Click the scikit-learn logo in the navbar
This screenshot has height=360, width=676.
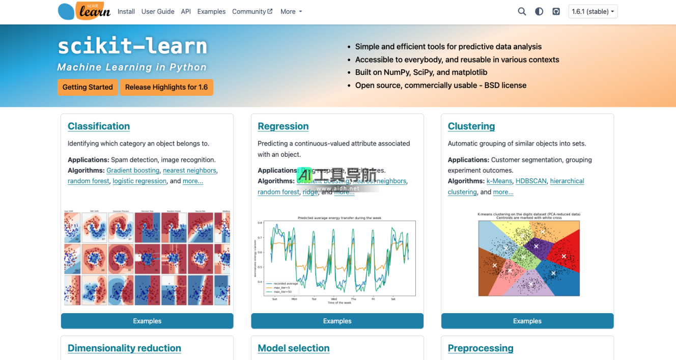[x=84, y=11]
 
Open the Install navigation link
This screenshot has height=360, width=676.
[x=126, y=12]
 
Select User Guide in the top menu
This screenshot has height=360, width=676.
[x=158, y=12]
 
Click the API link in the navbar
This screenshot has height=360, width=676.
[x=186, y=12]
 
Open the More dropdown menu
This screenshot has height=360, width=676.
[x=291, y=12]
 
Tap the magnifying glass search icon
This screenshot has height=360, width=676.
[x=522, y=12]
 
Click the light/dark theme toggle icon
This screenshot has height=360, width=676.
[x=539, y=12]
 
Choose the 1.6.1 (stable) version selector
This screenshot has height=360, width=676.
[x=593, y=12]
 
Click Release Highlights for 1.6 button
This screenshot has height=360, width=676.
[x=166, y=87]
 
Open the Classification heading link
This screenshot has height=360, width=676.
[x=99, y=126]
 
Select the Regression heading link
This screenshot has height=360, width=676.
[x=283, y=126]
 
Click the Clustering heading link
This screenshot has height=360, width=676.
[x=471, y=126]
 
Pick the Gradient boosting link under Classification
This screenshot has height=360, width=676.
[x=133, y=171]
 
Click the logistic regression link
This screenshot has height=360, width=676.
[x=139, y=181]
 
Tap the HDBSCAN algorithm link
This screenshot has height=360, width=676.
[x=531, y=181]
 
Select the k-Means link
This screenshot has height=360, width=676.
[x=499, y=181]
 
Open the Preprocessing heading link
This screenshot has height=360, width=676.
[x=481, y=348]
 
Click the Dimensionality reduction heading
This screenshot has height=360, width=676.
[x=124, y=348]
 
